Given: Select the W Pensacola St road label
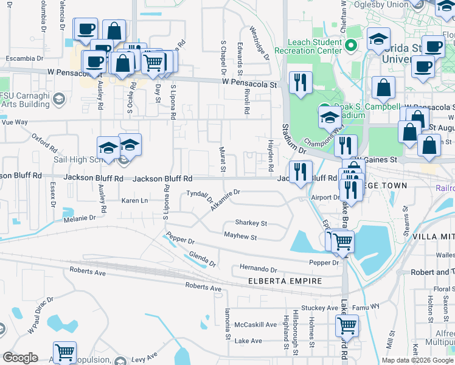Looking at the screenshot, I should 249,82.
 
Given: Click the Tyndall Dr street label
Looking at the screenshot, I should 199,196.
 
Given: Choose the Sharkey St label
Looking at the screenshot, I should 251,223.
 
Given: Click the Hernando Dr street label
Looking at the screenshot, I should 258,269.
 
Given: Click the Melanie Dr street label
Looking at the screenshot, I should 80,217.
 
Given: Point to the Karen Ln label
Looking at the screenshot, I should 135,200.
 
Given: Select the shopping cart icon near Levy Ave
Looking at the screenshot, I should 64,352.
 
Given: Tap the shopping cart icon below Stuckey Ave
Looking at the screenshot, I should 346,325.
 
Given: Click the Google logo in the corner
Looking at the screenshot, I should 21,358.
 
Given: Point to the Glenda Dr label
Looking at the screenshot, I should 203,259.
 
